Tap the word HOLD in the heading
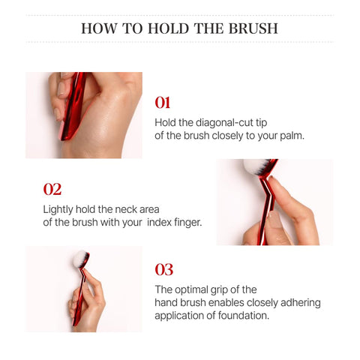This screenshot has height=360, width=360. click(x=168, y=28)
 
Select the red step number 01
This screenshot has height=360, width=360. click(x=163, y=103)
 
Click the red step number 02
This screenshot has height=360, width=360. click(x=52, y=189)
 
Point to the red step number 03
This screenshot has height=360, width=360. click(x=164, y=269)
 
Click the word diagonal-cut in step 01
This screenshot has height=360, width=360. click(x=224, y=123)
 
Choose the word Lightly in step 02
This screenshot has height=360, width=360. click(x=58, y=209)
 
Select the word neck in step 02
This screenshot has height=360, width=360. click(x=125, y=209)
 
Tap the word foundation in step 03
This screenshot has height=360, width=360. click(x=243, y=316)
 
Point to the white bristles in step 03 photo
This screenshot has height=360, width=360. click(x=79, y=259)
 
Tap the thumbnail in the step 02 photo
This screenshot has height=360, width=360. click(x=277, y=220)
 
